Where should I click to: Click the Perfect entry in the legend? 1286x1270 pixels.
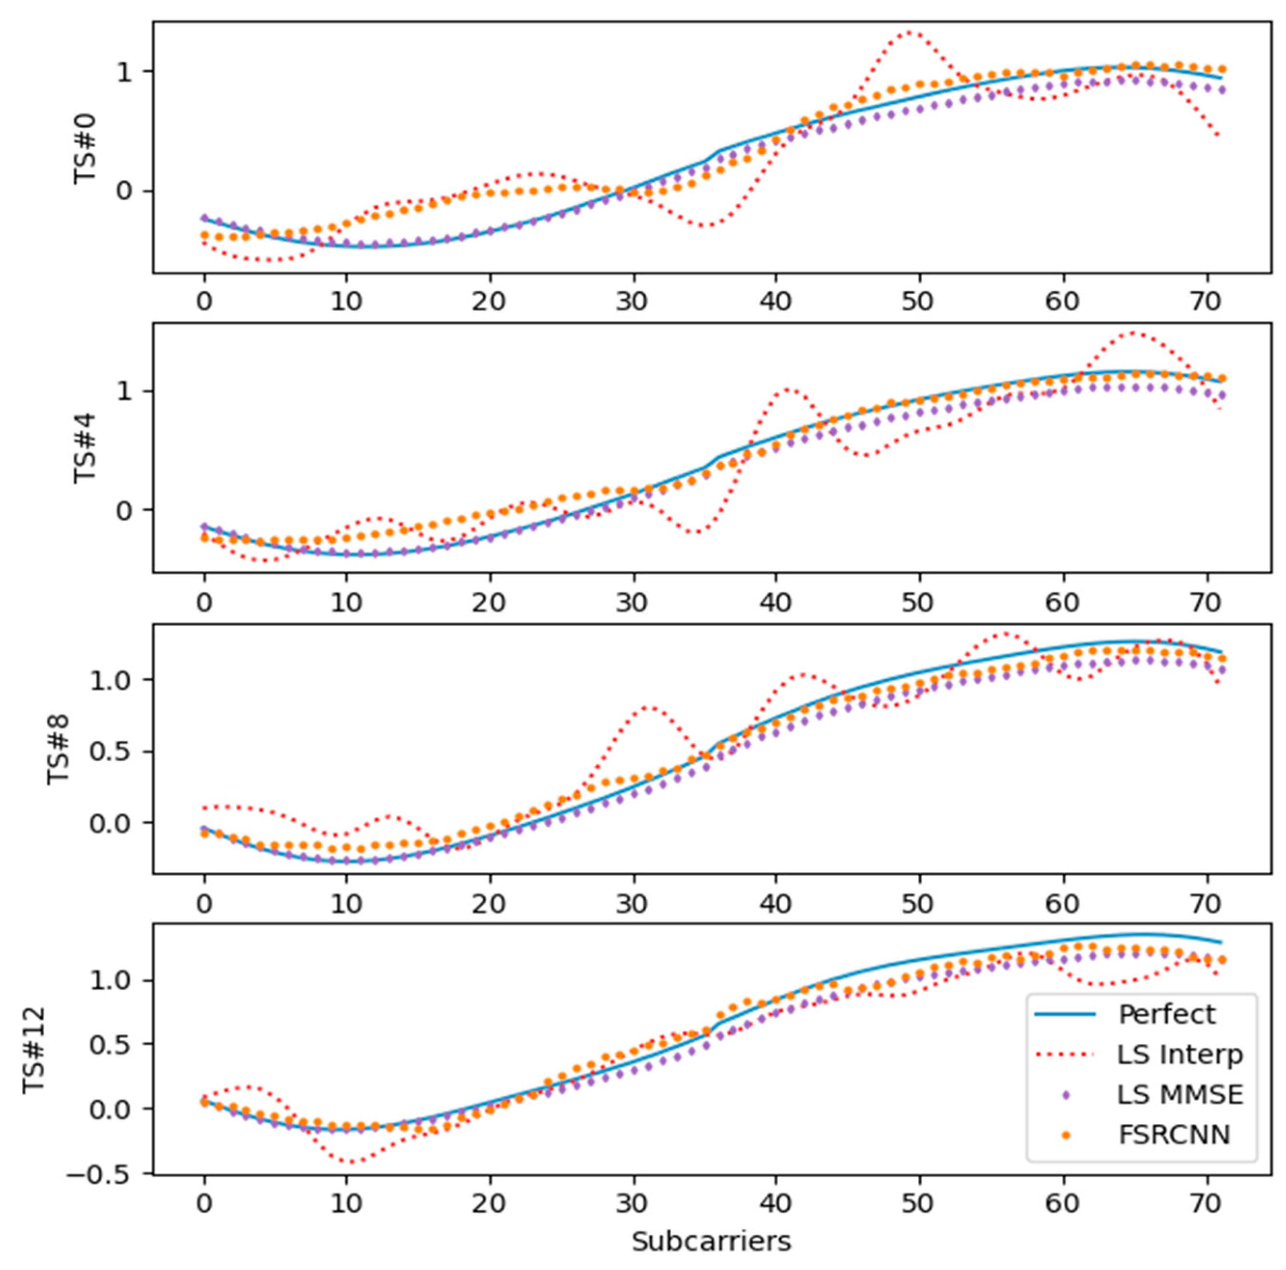pyautogui.click(x=1166, y=1014)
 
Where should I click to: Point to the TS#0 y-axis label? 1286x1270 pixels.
pyautogui.click(x=86, y=148)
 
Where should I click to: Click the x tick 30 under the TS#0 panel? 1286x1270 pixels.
pyautogui.click(x=632, y=302)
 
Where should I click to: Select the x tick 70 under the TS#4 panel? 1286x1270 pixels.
pyautogui.click(x=1205, y=603)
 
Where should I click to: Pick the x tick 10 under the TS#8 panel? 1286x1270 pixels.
pyautogui.click(x=347, y=904)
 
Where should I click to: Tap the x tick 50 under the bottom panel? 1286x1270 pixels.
pyautogui.click(x=919, y=1204)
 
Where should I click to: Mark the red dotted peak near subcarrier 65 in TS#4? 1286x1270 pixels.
pyautogui.click(x=1134, y=333)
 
